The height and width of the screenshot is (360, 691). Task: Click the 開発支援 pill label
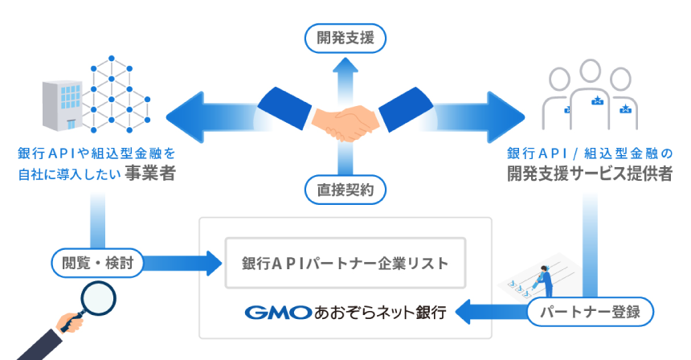[x=345, y=39]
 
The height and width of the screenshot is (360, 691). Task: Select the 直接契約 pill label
[x=345, y=190]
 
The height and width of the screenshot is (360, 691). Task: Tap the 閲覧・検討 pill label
[x=97, y=263]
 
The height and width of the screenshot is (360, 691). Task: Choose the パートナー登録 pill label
[x=590, y=312]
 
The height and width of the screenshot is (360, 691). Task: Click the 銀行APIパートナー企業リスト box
[x=345, y=263]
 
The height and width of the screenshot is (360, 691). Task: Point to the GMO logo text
[x=278, y=313]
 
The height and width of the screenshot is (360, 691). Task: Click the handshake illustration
[x=345, y=116]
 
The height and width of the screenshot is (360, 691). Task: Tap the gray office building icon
[x=62, y=106]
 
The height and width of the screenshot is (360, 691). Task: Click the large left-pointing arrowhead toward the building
[x=184, y=117]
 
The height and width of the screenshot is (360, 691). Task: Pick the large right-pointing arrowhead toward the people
[x=506, y=117]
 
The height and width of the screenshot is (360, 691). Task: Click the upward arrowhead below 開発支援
[x=345, y=65]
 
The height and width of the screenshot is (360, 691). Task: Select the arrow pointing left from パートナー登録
[x=492, y=312]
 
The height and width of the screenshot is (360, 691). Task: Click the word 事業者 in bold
[x=150, y=174]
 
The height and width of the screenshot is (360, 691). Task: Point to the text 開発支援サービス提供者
[x=590, y=174]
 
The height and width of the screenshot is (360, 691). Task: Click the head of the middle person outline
[x=590, y=72]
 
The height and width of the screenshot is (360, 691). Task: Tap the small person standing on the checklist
[x=545, y=281]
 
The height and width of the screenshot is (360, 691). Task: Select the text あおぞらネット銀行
[x=380, y=313]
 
